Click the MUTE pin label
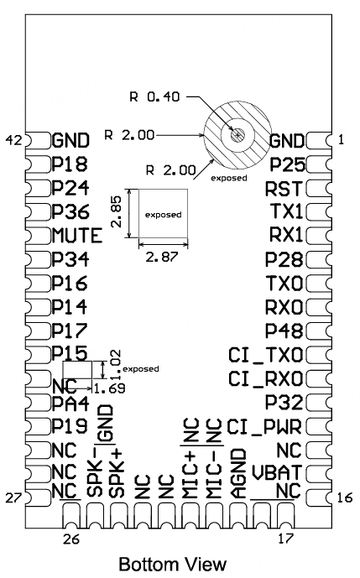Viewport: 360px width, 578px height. pos(76,236)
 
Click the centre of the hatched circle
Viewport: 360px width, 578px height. pos(237,134)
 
